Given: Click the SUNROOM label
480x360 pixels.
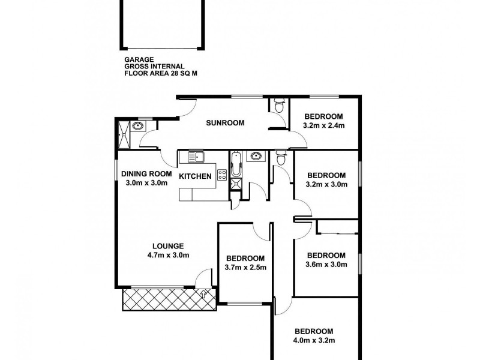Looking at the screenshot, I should [225, 123].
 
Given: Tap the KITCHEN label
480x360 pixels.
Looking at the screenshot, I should [196, 176].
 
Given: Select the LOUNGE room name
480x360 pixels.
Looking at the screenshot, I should [167, 245].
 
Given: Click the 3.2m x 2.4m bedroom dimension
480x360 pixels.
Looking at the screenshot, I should [323, 126].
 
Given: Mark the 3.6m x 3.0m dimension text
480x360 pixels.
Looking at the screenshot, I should [326, 263].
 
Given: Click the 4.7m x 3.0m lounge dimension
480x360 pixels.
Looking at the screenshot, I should [169, 255].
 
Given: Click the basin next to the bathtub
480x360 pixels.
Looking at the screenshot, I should [256, 157].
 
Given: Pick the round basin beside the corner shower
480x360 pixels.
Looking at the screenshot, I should [138, 127].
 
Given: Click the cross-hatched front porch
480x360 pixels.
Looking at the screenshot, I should [168, 298].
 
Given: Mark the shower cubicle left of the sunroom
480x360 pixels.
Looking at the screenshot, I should [125, 132].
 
